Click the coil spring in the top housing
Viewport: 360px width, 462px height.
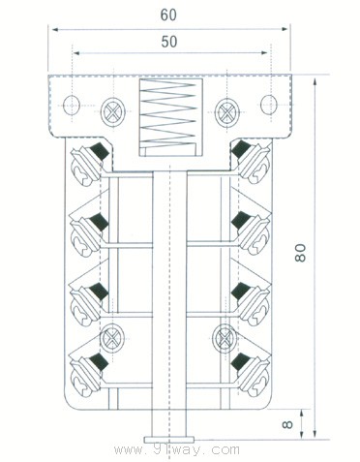169,113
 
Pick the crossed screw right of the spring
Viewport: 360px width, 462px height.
226,108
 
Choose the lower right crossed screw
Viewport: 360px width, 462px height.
225,338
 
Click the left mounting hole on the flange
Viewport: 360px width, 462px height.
71,105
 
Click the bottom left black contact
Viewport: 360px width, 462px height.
96,364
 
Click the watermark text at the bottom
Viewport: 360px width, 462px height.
176,450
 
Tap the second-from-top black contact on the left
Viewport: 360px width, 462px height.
96,225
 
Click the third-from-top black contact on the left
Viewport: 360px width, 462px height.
96,294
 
